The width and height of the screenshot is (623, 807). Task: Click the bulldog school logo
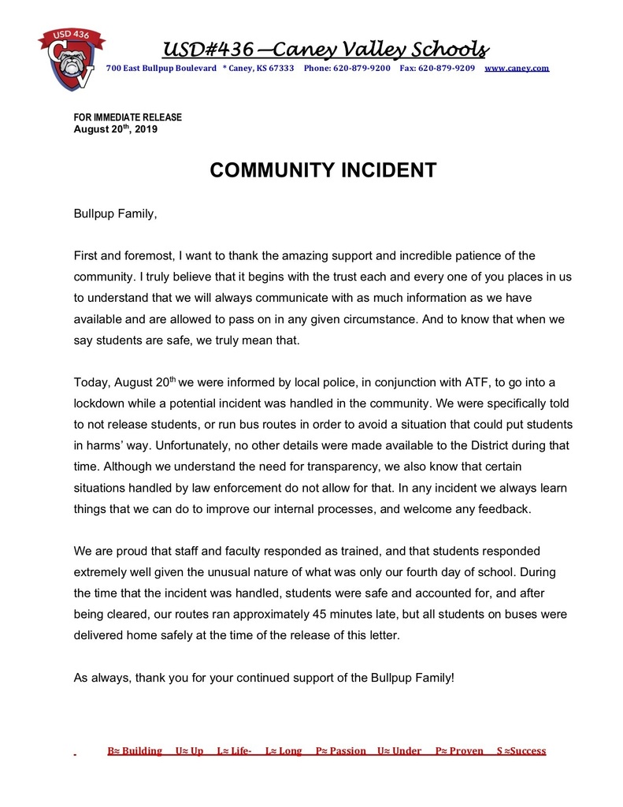[x=71, y=61]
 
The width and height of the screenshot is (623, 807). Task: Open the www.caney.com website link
[x=516, y=69]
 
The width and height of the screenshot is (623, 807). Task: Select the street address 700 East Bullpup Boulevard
[x=161, y=69]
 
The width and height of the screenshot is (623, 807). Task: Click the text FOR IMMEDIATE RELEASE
[x=128, y=117]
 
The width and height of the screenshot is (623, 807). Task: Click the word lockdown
[x=101, y=403]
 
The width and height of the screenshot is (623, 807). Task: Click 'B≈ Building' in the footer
[x=135, y=751]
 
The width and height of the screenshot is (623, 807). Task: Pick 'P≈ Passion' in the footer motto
[x=340, y=751]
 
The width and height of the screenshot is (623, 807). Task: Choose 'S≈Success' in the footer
[x=521, y=751]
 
